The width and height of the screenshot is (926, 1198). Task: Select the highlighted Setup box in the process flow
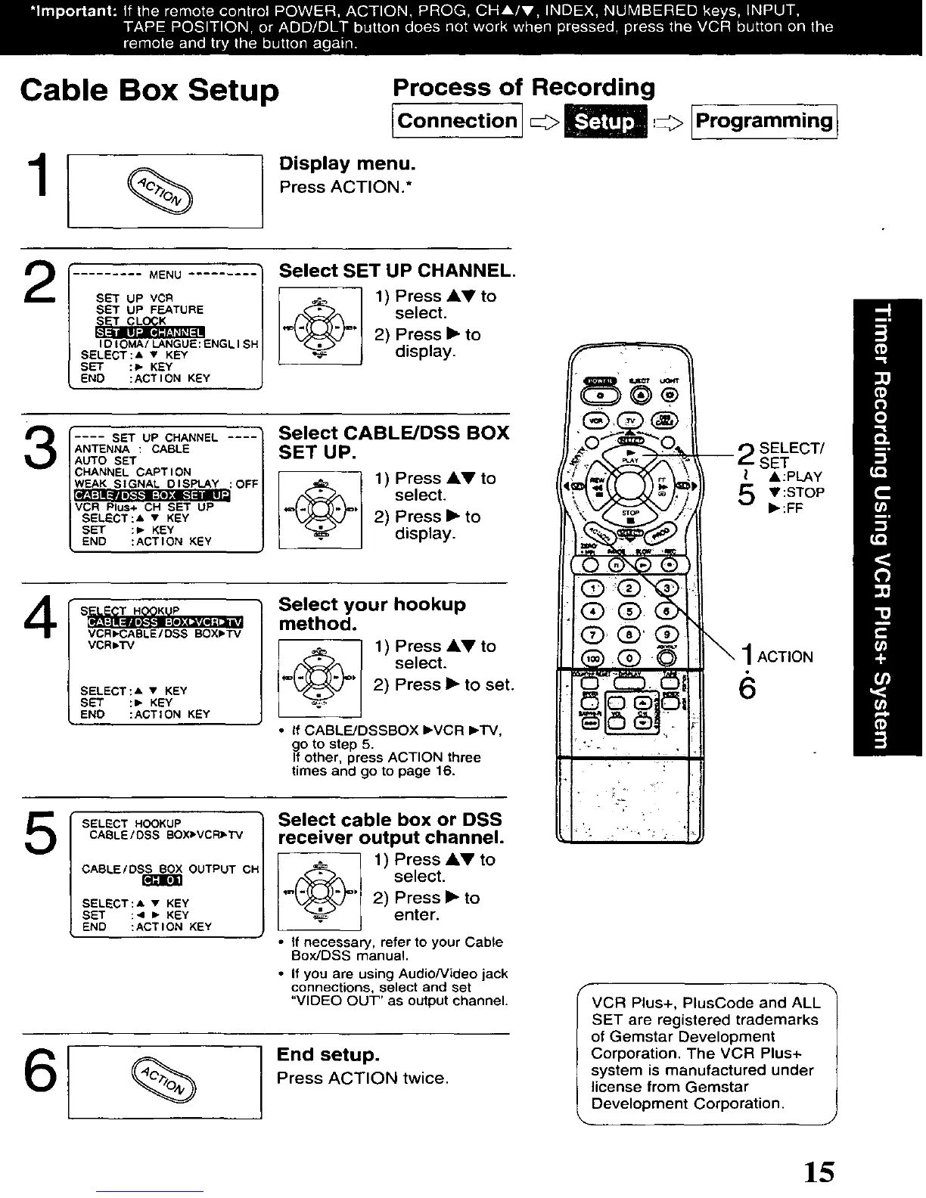[605, 122]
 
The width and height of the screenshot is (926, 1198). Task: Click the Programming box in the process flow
[764, 121]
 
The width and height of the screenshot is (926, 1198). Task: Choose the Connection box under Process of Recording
[457, 121]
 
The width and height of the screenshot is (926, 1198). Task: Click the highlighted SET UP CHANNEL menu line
[150, 332]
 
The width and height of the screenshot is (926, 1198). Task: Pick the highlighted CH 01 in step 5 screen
[162, 880]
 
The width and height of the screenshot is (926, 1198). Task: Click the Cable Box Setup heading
[150, 90]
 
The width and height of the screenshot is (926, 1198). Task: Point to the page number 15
[819, 1172]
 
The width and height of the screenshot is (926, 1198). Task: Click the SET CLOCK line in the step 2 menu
[130, 321]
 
